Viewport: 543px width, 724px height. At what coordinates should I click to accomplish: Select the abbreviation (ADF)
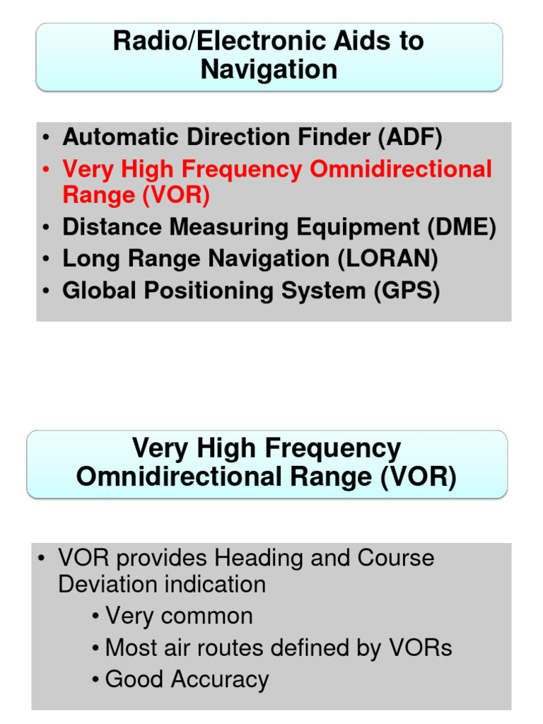pyautogui.click(x=409, y=136)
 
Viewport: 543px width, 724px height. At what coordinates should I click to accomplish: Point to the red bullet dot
pyautogui.click(x=46, y=170)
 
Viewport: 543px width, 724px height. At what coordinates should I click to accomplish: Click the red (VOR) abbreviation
pyautogui.click(x=175, y=194)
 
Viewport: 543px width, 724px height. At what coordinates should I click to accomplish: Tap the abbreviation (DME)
pyautogui.click(x=461, y=227)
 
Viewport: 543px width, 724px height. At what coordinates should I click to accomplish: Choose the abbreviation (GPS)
pyautogui.click(x=407, y=291)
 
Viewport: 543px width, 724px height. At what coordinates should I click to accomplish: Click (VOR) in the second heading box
pyautogui.click(x=418, y=477)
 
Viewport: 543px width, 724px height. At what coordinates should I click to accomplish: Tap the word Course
pyautogui.click(x=396, y=558)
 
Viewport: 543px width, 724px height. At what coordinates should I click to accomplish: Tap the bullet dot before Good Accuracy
pyautogui.click(x=95, y=680)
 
